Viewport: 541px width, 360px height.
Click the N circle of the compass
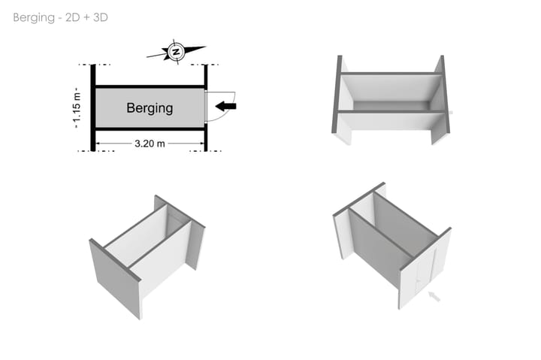(176, 52)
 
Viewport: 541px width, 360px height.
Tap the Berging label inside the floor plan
(149, 108)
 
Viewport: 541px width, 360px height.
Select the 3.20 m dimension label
(150, 143)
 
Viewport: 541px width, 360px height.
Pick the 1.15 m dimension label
(77, 107)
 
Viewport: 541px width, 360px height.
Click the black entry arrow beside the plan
(225, 107)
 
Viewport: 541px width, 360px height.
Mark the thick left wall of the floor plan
(93, 107)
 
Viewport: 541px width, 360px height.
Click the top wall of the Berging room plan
(149, 86)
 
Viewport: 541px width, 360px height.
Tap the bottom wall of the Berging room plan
(149, 129)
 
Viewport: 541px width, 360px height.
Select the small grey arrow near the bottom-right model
(434, 298)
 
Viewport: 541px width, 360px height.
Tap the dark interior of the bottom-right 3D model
(383, 241)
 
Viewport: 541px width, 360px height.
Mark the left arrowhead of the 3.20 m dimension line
(98, 143)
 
